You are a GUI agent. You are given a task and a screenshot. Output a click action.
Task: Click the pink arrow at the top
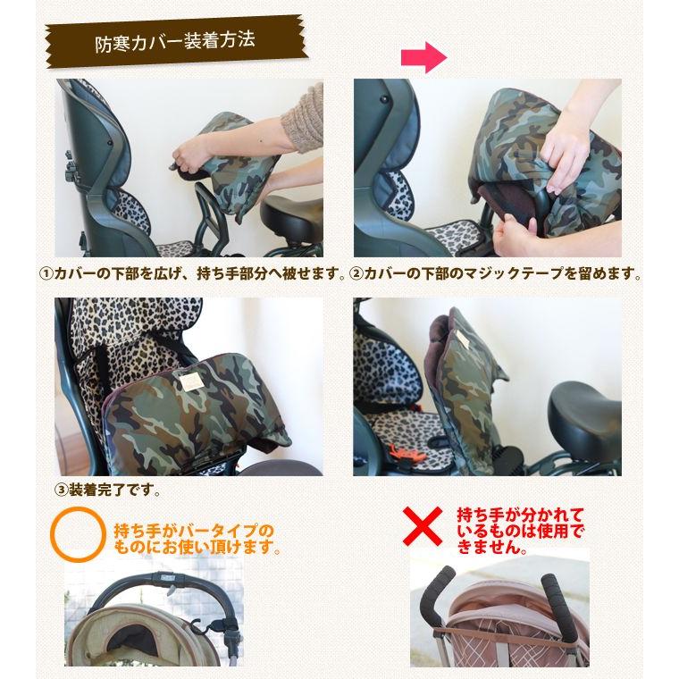[423, 56]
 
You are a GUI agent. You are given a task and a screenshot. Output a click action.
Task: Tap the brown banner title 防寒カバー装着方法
[175, 42]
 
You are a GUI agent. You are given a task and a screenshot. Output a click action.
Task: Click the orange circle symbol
[78, 534]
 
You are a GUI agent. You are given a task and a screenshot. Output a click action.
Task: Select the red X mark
[423, 526]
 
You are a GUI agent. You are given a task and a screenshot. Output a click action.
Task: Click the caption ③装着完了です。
[108, 490]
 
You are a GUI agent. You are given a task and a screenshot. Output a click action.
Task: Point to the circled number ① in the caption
[46, 273]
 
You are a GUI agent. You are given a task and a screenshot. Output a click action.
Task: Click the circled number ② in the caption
[356, 273]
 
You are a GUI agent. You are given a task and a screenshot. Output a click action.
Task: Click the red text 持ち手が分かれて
[521, 516]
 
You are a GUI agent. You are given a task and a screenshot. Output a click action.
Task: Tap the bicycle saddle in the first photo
[292, 215]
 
